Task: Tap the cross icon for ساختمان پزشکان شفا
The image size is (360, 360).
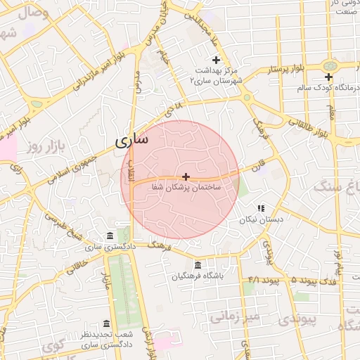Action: point(186,176)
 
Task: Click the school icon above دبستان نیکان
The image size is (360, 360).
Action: point(261,208)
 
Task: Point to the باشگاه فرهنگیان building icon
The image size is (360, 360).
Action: point(198,265)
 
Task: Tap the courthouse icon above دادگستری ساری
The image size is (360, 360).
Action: point(109,236)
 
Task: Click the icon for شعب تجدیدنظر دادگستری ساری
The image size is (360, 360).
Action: point(106,323)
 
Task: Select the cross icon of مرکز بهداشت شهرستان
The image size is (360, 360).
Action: point(216,60)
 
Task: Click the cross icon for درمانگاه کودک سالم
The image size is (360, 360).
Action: point(328,77)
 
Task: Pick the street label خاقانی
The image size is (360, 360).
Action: point(78,266)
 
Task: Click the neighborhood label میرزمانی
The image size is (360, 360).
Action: point(234,317)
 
